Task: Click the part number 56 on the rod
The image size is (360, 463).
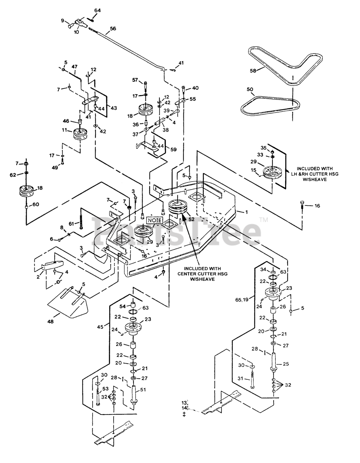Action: [113, 29]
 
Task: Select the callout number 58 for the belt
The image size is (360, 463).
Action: [253, 71]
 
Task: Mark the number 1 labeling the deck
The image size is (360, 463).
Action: [247, 212]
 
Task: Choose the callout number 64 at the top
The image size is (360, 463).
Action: [98, 10]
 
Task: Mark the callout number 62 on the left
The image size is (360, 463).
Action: [13, 175]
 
